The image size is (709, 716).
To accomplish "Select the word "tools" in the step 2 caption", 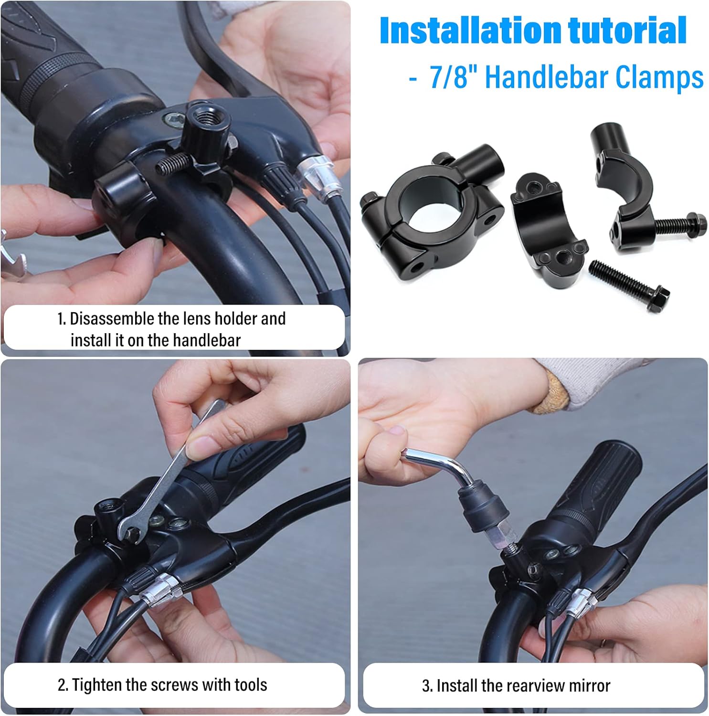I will point(251,685).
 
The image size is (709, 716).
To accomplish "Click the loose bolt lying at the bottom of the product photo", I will point(628,284).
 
